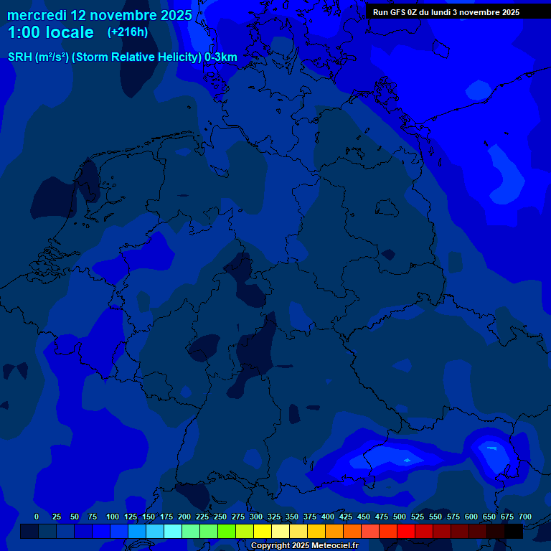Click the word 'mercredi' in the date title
click(x=37, y=15)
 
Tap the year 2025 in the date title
click(x=174, y=15)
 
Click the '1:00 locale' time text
click(x=50, y=32)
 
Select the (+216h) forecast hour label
click(x=127, y=32)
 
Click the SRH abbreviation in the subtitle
click(x=19, y=57)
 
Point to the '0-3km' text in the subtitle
click(x=221, y=57)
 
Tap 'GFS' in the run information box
click(x=401, y=12)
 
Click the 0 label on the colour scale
click(x=37, y=517)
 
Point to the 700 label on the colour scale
click(x=525, y=517)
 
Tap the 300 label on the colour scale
click(x=256, y=517)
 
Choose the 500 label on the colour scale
click(x=400, y=517)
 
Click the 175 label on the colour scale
click(x=166, y=517)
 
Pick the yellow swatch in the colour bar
click(x=263, y=532)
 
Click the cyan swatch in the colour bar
click(x=173, y=532)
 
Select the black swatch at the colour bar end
click(x=514, y=532)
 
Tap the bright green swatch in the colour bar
click(x=227, y=532)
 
